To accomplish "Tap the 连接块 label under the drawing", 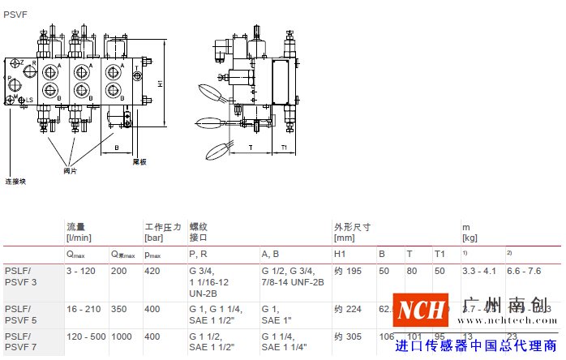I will (x=15, y=182).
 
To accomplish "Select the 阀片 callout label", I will (x=70, y=170).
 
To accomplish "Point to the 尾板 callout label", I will (x=139, y=162).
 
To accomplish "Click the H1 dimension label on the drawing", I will (x=161, y=83).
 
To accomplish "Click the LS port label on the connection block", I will (x=29, y=100).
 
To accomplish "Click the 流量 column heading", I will (x=75, y=227).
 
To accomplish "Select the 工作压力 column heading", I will (x=163, y=227).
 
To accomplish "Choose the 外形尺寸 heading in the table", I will (x=352, y=227).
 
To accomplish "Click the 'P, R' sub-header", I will (x=199, y=255).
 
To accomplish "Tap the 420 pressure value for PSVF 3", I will (x=152, y=271).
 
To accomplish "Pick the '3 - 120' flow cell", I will (x=80, y=271).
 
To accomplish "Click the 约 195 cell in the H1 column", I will (x=346, y=271).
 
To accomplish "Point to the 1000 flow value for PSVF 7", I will (x=122, y=335).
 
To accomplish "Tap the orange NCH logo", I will (x=421, y=310).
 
